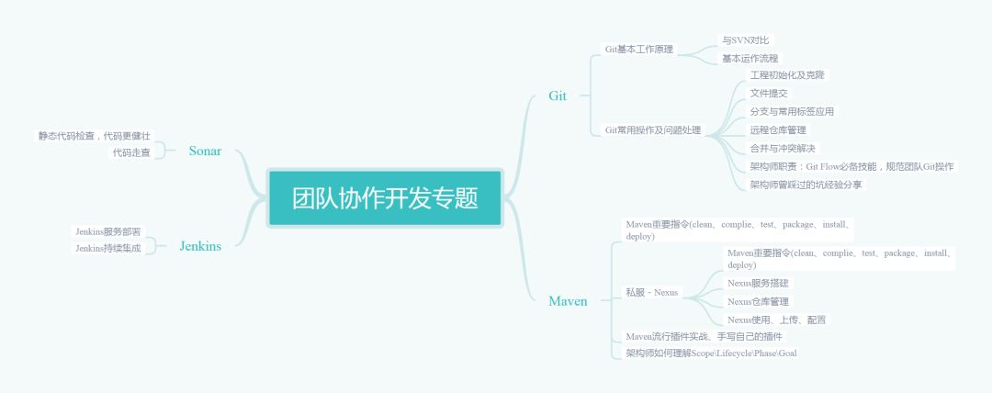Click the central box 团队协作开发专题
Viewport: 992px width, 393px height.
click(386, 197)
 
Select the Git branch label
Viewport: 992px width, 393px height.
click(558, 95)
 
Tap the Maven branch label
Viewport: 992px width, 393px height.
click(568, 301)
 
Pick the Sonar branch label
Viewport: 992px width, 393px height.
click(205, 151)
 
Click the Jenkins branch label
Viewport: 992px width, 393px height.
click(200, 246)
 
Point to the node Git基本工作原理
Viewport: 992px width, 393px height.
click(639, 49)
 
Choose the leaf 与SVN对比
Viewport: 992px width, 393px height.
click(746, 39)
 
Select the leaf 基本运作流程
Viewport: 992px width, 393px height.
click(750, 58)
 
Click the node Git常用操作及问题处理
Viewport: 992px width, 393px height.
click(652, 130)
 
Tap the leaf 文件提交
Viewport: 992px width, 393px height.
click(769, 93)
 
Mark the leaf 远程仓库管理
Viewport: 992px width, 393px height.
click(778, 129)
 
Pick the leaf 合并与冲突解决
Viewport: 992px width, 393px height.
click(783, 148)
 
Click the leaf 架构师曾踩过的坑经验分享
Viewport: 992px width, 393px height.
click(806, 185)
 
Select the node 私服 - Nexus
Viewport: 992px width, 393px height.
click(652, 292)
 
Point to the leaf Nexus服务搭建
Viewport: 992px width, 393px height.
click(758, 283)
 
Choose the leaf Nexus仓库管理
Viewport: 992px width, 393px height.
click(758, 301)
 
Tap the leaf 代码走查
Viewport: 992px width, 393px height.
click(131, 152)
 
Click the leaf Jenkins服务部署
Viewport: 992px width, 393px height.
click(108, 231)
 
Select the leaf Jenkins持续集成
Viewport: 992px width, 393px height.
click(108, 248)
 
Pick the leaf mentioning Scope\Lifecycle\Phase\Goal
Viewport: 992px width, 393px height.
click(711, 353)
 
